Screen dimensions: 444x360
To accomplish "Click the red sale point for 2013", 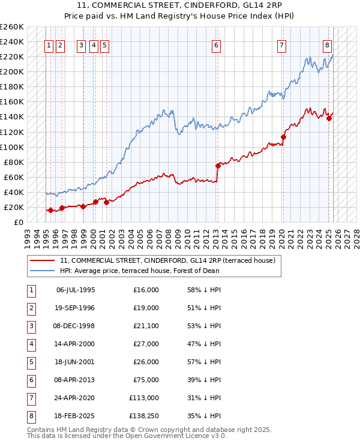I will coord(218,166).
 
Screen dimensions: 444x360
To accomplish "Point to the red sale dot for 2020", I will coord(283,137).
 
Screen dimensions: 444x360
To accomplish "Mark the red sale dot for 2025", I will coord(329,118).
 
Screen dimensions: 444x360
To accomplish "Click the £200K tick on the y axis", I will coord(12,71).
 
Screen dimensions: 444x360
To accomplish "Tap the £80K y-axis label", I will coord(14,162).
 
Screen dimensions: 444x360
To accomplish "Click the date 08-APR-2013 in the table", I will coord(76,379).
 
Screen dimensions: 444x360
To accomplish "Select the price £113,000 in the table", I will coord(145,397).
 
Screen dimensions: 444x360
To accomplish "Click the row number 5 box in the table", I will coord(30,362).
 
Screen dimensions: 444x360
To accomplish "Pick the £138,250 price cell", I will coord(145,415).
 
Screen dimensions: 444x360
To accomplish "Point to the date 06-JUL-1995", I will coord(76,290).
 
